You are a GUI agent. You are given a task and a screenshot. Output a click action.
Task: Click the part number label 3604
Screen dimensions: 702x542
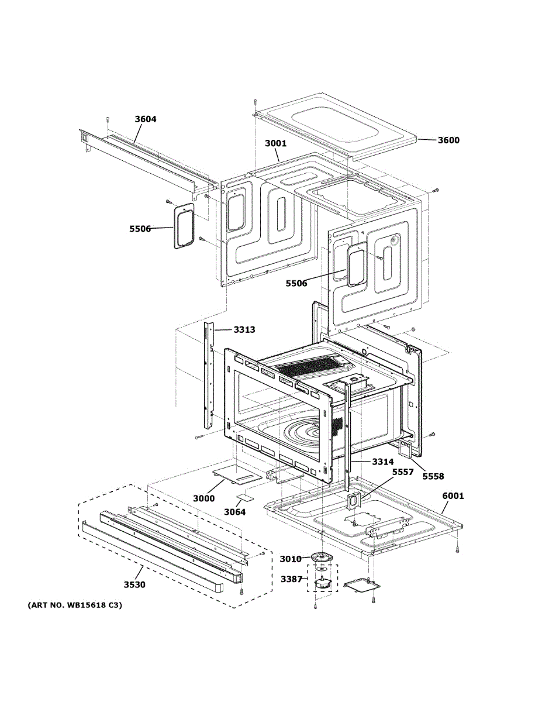click(x=146, y=119)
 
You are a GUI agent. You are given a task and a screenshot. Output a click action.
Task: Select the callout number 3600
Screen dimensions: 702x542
click(x=448, y=140)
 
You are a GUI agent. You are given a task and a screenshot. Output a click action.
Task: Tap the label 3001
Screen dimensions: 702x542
click(x=276, y=143)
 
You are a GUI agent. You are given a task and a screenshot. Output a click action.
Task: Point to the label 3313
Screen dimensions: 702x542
click(x=244, y=330)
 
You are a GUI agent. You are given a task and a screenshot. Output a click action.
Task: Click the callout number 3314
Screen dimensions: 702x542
click(x=382, y=462)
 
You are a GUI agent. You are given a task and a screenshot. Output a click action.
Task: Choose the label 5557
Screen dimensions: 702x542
click(x=403, y=472)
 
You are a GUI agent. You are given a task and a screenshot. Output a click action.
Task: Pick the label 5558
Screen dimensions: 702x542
click(x=434, y=476)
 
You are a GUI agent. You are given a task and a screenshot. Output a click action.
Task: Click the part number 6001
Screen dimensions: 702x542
click(x=453, y=496)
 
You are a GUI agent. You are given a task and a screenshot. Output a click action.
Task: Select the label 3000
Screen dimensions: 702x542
click(x=204, y=498)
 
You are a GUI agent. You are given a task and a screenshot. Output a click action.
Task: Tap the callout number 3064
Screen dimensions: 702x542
click(x=235, y=512)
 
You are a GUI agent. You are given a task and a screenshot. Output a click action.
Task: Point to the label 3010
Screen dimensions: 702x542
click(x=290, y=559)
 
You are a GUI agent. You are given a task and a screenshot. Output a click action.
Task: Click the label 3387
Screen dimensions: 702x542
click(x=291, y=579)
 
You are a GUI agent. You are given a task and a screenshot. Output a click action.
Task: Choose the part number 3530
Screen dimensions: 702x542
click(x=134, y=584)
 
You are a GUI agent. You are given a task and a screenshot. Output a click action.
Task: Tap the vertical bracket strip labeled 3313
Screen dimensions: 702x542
click(x=209, y=374)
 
